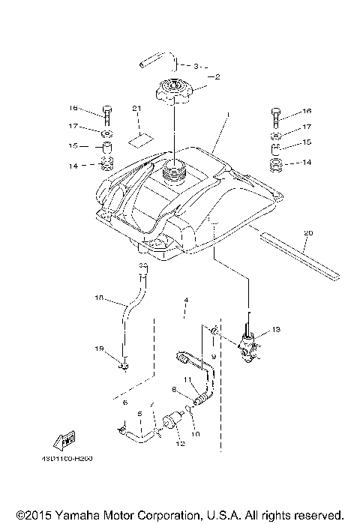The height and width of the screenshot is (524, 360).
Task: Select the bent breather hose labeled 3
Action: point(156,61)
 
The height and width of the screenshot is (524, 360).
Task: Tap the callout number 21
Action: point(136,109)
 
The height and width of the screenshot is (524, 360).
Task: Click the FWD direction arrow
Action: point(64,439)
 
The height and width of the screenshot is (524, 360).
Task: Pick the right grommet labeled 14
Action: point(275,163)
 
